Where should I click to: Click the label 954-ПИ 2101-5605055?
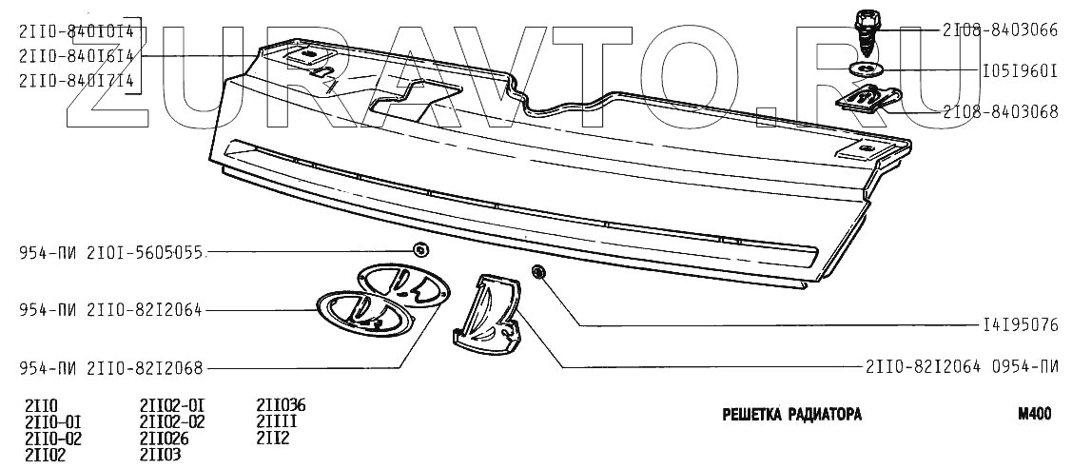(x=111, y=253)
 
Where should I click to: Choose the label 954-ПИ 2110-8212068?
(x=111, y=367)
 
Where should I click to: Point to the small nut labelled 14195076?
(x=537, y=274)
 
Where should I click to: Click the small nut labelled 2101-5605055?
(x=419, y=250)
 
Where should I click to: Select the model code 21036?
(x=281, y=403)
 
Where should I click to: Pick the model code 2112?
(x=272, y=438)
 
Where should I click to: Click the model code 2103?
(x=160, y=455)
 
